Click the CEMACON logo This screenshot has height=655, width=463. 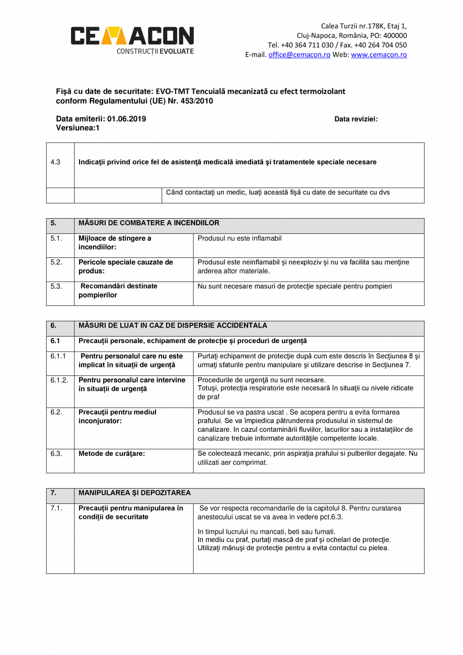tap(132, 39)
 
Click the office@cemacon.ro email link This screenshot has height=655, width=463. tap(299, 55)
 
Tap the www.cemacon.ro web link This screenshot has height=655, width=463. tap(379, 55)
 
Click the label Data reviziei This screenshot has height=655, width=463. tap(356, 119)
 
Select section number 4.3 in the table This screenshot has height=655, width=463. tap(55, 162)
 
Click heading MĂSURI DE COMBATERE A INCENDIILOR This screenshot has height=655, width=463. tap(149, 223)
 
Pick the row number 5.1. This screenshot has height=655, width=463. tap(56, 238)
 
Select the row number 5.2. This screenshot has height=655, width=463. tap(56, 263)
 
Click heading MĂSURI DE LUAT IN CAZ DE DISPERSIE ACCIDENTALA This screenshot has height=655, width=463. tap(173, 325)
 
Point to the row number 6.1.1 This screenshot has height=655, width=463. tap(58, 356)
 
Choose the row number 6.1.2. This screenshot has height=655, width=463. tap(59, 380)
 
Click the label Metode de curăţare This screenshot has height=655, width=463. tap(112, 453)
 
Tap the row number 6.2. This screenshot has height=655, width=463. tap(56, 412)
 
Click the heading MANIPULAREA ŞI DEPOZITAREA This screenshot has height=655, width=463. tap(134, 493)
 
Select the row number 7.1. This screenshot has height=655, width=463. tap(56, 508)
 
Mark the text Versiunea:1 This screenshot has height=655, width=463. tap(78, 128)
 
